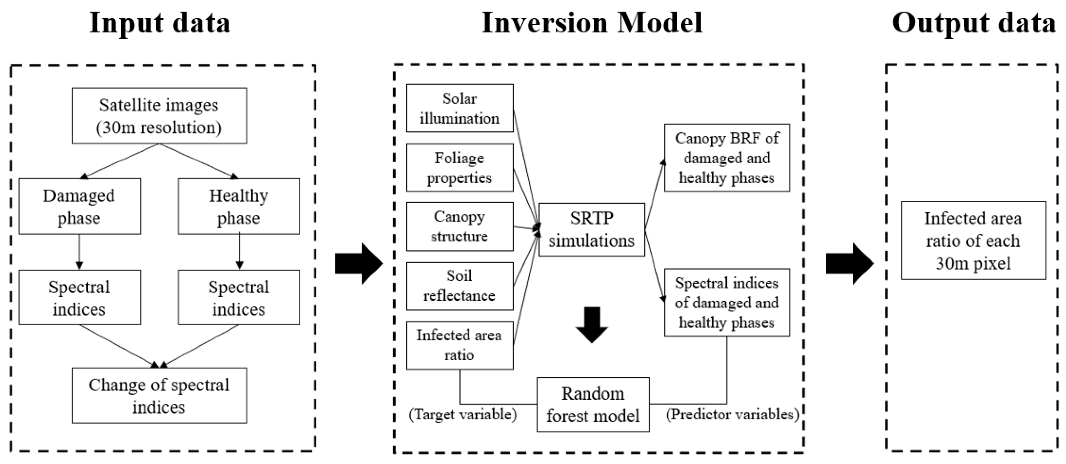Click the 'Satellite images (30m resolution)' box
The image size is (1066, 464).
click(159, 116)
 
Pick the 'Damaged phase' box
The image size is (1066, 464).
click(79, 206)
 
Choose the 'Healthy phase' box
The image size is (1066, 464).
click(239, 206)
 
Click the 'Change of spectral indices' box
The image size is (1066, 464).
click(159, 396)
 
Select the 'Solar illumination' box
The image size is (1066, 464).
click(459, 108)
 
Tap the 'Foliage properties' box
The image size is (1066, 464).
click(459, 168)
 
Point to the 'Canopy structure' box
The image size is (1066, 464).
click(459, 226)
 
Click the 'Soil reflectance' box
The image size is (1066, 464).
click(459, 286)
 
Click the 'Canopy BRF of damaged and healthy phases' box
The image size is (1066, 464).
click(727, 158)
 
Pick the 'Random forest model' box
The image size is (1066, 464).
click(593, 404)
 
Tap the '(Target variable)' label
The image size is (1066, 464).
click(462, 414)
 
